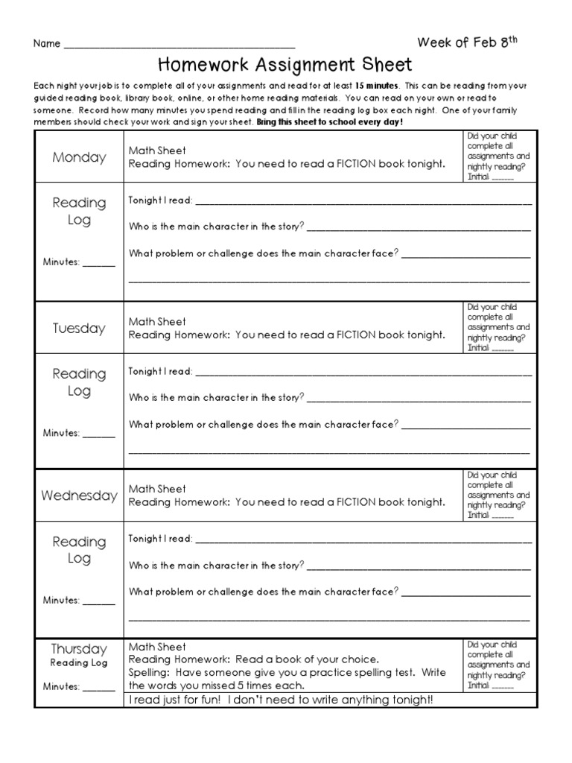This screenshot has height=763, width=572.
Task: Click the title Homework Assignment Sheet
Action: click(285, 66)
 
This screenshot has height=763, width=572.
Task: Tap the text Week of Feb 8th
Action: click(467, 42)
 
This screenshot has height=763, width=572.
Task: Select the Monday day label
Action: click(79, 157)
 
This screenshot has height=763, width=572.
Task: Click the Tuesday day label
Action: click(79, 329)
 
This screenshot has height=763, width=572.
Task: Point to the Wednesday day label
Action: click(79, 496)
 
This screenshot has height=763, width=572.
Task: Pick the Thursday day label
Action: click(79, 649)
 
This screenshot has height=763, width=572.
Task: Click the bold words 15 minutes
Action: click(378, 86)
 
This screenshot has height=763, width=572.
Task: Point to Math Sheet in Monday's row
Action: click(157, 151)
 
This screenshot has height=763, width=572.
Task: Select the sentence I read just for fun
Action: click(280, 700)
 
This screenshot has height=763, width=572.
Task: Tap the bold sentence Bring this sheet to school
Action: click(329, 121)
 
